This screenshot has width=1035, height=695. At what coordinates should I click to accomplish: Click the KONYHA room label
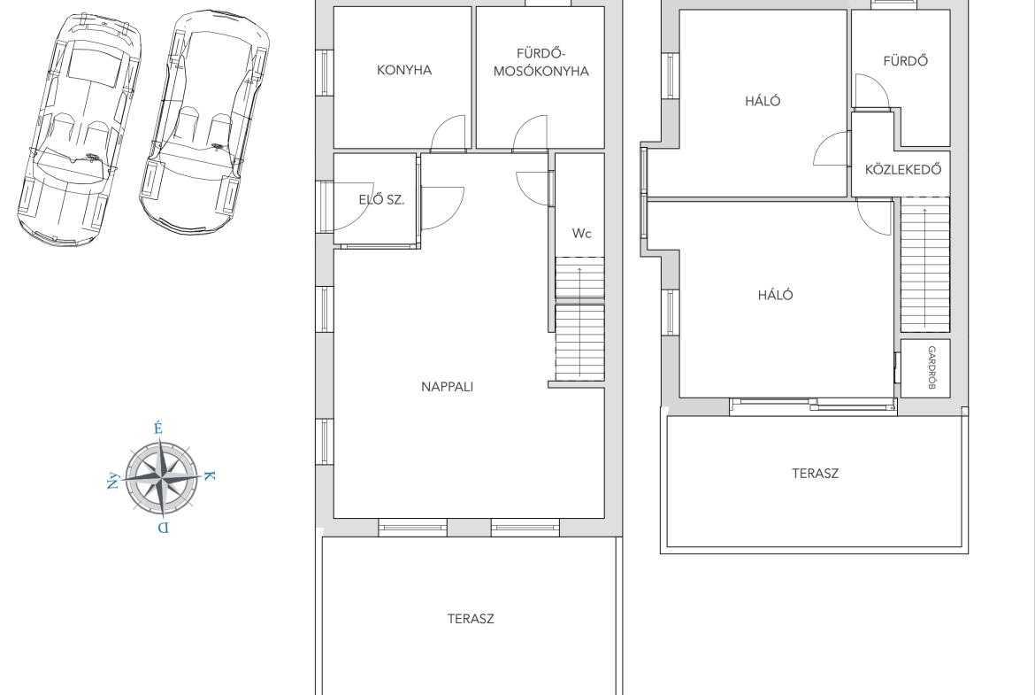coord(404,70)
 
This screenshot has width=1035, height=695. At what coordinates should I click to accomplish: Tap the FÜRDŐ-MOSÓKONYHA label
coord(541,62)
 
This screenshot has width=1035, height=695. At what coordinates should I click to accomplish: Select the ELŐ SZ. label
coord(381,199)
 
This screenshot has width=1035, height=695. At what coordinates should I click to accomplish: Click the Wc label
coord(581,233)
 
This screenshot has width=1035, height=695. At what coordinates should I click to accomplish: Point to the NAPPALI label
coord(448,387)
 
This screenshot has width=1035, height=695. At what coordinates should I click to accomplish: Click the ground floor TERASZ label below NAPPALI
coord(471,619)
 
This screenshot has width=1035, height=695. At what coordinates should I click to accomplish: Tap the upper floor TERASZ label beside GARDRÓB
coord(816,473)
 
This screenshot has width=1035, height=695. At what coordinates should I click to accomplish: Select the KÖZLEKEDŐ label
coord(903,169)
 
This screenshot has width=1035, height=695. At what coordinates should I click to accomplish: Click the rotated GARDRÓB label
coord(932,367)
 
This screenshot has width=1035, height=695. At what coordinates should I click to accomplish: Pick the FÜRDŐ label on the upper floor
coord(906,61)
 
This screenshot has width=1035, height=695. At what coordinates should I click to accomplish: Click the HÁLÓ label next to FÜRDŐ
coord(763,100)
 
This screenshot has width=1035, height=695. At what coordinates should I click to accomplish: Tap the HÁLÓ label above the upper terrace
coord(776,295)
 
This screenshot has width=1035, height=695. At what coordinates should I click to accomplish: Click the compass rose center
coord(162,477)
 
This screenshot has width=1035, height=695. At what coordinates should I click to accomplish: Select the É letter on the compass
coord(157,429)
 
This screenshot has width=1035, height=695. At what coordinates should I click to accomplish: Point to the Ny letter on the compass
coord(113,480)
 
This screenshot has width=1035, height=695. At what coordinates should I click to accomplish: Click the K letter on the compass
coord(210,475)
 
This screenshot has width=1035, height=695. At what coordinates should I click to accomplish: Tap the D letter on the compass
coord(163,527)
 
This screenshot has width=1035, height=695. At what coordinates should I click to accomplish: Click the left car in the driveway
coord(80,129)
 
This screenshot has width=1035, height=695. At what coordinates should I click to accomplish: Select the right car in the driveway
coord(204,121)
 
